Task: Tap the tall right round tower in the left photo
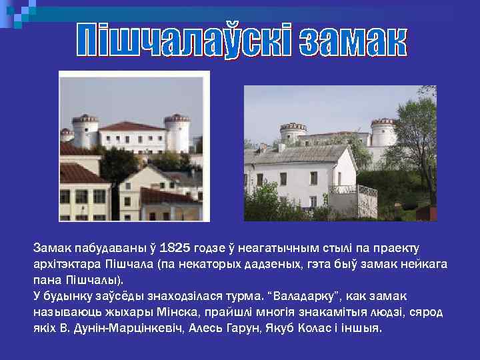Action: coord(177,133)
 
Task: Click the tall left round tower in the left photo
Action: coord(85,130)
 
